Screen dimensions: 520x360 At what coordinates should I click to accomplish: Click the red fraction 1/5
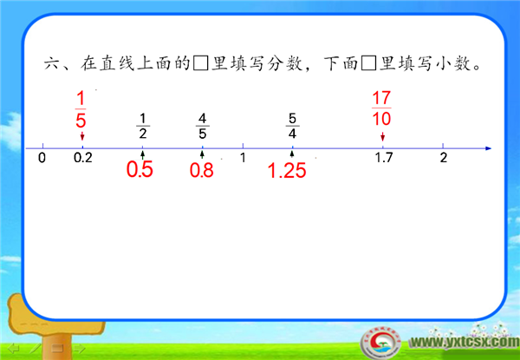[81, 110]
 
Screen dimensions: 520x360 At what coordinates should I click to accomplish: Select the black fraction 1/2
[143, 126]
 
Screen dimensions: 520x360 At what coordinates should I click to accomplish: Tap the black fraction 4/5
[202, 126]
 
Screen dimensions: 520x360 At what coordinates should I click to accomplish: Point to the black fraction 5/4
[292, 126]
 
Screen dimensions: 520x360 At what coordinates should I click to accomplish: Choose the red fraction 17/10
[381, 108]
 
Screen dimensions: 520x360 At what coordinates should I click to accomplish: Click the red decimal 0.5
[140, 169]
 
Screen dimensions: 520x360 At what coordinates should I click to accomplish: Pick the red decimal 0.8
[201, 171]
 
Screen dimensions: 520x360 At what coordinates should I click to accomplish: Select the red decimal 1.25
[287, 171]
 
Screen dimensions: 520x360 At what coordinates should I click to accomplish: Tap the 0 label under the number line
[42, 158]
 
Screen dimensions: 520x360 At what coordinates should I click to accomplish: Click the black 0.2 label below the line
[83, 158]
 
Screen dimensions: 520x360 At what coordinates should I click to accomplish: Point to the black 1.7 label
[384, 158]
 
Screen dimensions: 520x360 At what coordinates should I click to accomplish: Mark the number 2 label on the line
[444, 158]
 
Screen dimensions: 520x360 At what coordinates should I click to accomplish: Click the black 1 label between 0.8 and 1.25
[243, 158]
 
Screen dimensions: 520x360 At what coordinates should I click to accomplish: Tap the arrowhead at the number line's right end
[488, 148]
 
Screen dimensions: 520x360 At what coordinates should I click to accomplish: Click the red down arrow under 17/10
[383, 136]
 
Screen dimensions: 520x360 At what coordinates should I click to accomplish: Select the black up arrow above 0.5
[143, 154]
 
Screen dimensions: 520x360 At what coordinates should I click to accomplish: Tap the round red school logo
[380, 343]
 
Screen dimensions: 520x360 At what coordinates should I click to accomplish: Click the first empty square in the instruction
[201, 64]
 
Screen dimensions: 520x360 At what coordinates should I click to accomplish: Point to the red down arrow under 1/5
[82, 136]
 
